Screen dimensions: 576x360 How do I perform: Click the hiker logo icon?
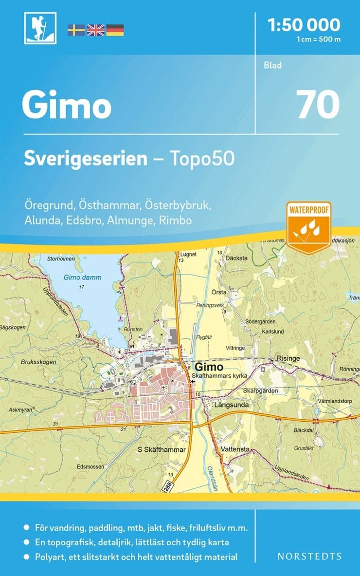40,28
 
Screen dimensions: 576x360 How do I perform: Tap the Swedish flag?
76,30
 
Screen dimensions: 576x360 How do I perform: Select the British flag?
95,30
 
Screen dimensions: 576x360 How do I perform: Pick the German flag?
115,30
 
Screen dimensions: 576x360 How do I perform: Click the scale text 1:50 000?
304,24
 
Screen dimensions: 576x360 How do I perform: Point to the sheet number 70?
318,105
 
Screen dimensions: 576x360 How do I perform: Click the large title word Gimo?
67,106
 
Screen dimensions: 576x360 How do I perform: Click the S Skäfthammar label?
162,449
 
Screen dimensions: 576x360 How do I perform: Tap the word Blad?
273,65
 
